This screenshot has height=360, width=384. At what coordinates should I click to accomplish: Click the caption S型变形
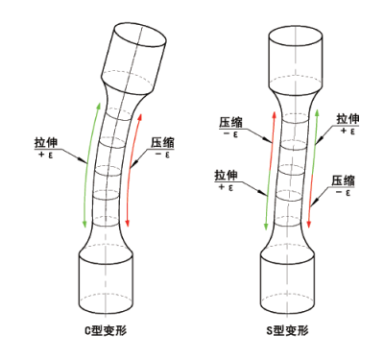click(289, 329)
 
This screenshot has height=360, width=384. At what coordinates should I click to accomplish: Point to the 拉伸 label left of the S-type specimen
click(228, 176)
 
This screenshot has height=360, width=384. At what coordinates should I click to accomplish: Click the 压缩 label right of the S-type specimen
click(344, 180)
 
